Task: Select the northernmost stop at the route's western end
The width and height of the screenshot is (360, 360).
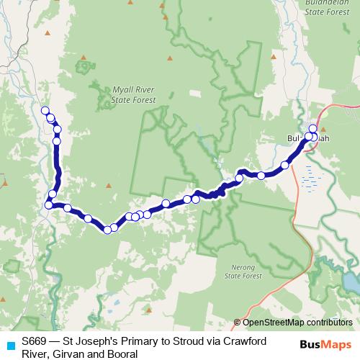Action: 45,110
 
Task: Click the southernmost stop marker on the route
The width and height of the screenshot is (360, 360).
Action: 107,230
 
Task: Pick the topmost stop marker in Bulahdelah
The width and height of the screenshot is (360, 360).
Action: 312,128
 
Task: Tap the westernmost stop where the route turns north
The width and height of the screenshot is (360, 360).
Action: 48,205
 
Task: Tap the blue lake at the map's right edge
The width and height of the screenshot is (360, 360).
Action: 351,282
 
